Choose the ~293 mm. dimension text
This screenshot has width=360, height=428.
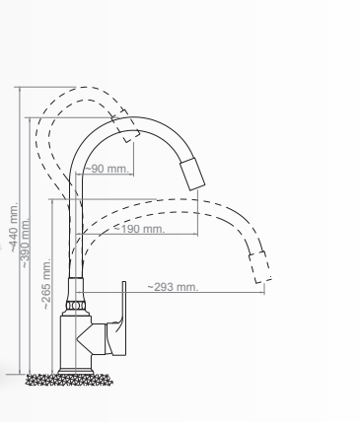pyautogui.click(x=174, y=287)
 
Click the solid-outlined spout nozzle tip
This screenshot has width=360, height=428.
pyautogui.click(x=192, y=175)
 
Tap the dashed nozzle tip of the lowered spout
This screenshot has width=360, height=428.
pyautogui.click(x=260, y=266)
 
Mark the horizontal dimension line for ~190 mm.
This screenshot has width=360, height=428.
pyautogui.click(x=158, y=236)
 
